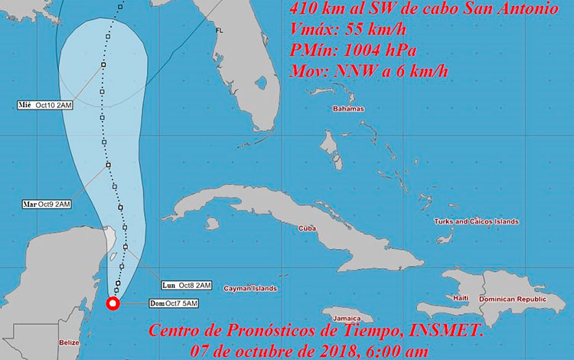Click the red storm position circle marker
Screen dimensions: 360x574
click(113, 304)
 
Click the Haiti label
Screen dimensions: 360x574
click(461, 297)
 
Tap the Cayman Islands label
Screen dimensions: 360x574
click(250, 289)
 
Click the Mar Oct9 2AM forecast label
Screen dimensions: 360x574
click(47, 205)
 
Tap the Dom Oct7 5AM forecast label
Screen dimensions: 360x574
click(174, 304)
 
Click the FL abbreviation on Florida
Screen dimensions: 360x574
click(219, 31)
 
